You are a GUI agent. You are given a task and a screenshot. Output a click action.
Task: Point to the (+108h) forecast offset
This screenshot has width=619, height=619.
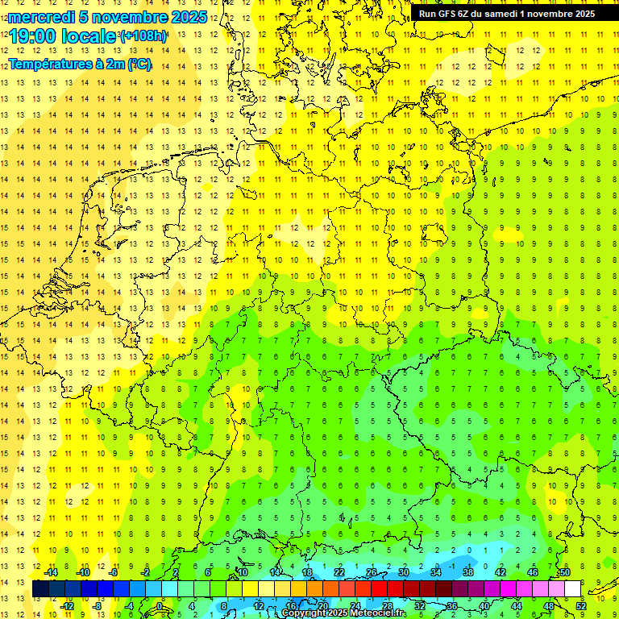[x=143, y=36]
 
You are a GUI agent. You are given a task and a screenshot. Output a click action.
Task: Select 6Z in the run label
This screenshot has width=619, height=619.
[x=464, y=13]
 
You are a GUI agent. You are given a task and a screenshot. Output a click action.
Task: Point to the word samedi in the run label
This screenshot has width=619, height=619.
[x=501, y=13]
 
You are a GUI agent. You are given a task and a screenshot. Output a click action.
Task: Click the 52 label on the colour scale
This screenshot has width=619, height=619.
[x=580, y=606]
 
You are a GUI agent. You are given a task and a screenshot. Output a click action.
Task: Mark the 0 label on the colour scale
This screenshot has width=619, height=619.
[x=159, y=606]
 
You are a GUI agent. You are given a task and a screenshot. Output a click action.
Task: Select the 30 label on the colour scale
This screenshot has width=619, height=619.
[x=403, y=572]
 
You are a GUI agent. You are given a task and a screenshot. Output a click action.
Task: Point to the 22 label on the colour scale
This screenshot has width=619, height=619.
[x=339, y=572]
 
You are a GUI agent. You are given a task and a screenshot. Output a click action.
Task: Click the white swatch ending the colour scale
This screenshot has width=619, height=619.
[x=572, y=589]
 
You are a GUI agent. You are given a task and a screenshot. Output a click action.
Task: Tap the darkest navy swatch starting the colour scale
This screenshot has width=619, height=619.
[x=40, y=589]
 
